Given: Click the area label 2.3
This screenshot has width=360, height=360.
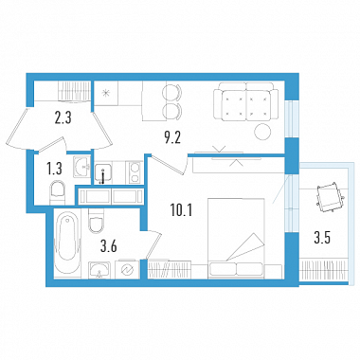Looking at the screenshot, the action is [63, 117].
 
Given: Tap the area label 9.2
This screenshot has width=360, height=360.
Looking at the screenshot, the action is [172, 138].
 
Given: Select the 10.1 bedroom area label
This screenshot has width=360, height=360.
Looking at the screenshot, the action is [181, 210].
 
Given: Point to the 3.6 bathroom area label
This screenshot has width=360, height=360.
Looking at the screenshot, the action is [108, 246].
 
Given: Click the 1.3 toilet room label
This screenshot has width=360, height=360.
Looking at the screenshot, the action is [54, 170].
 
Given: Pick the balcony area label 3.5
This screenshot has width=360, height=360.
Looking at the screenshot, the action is [322, 238].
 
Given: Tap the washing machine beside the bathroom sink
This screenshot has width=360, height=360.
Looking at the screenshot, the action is [127, 270].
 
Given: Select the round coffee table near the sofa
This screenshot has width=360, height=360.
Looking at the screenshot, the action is [262, 132].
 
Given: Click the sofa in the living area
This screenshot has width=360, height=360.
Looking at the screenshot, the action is [245, 101].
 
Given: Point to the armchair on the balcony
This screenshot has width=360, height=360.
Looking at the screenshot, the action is [330, 197].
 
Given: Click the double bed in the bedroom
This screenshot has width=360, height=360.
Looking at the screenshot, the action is [236, 239].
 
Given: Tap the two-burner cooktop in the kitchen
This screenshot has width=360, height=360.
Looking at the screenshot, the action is [135, 172].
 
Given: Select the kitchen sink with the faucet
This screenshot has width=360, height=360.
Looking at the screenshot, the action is [102, 173].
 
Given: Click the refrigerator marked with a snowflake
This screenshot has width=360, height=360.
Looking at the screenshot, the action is [106, 93].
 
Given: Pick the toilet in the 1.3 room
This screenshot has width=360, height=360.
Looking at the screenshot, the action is [58, 192].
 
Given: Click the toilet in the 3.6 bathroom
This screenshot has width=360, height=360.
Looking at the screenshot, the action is [96, 221].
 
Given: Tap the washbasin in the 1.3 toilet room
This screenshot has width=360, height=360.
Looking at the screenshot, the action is [82, 167].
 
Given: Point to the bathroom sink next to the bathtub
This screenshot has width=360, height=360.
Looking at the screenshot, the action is [99, 270].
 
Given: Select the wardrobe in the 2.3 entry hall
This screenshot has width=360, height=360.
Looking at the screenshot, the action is [74, 91].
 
